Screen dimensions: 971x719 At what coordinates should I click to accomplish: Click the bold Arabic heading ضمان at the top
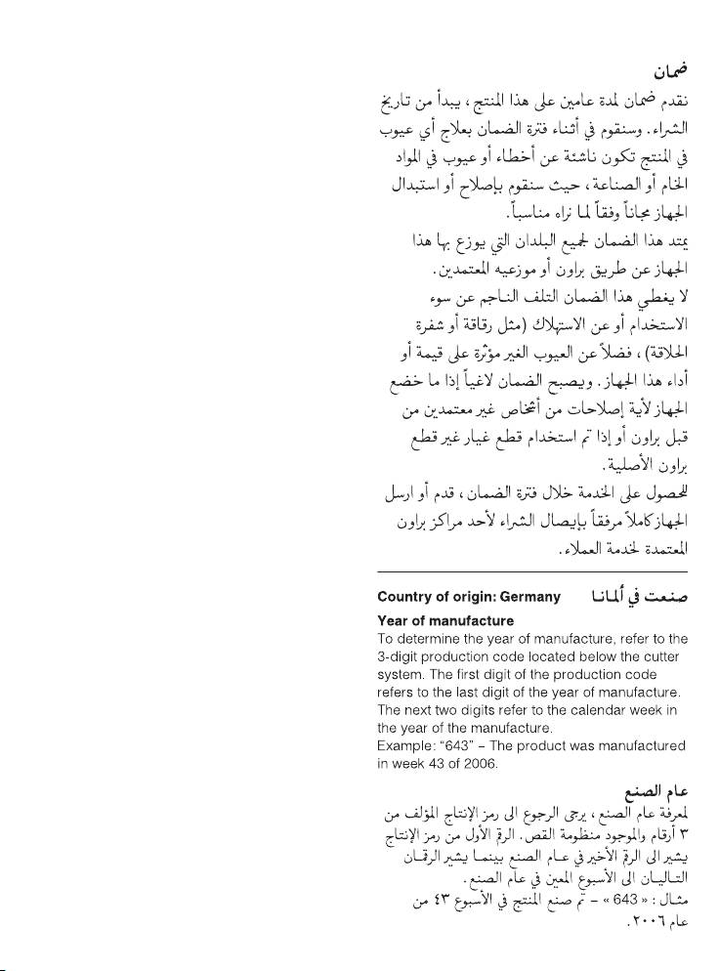tap(670, 71)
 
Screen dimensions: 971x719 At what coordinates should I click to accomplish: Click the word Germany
tap(529, 597)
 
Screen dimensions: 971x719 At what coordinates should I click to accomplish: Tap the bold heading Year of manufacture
tap(445, 620)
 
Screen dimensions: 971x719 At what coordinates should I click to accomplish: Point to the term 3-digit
tap(401, 656)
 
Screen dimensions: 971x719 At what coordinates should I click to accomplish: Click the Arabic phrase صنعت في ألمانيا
tap(638, 597)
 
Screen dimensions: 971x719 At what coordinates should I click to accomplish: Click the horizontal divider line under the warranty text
tap(532, 572)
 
